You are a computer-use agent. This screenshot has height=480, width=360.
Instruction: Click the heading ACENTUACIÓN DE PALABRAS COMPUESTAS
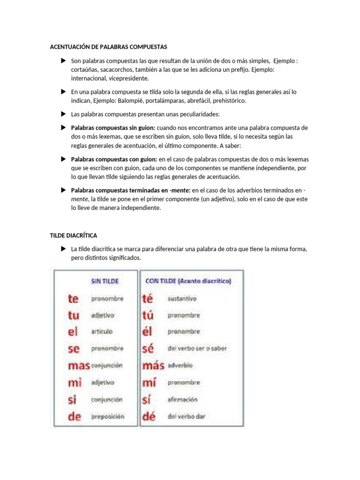[x=108, y=47]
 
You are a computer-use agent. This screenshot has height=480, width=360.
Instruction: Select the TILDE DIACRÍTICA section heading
[x=74, y=235]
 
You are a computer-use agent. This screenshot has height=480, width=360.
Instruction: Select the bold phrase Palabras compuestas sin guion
[x=113, y=128]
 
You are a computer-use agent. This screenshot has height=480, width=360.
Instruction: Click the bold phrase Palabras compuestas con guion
[x=114, y=160]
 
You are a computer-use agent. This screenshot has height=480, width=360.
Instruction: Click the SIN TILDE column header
[x=105, y=281]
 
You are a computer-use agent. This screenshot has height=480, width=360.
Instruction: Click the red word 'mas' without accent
[x=78, y=366]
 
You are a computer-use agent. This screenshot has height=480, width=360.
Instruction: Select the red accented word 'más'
[x=153, y=366]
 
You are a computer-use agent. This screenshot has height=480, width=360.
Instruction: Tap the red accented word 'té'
[x=147, y=299]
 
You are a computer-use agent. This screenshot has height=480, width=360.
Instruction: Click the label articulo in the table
[x=102, y=331]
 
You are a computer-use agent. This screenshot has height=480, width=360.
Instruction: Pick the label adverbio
[x=180, y=366]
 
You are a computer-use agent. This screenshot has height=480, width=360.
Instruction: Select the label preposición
[x=107, y=416]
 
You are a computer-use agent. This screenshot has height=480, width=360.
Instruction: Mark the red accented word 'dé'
[x=149, y=416]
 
